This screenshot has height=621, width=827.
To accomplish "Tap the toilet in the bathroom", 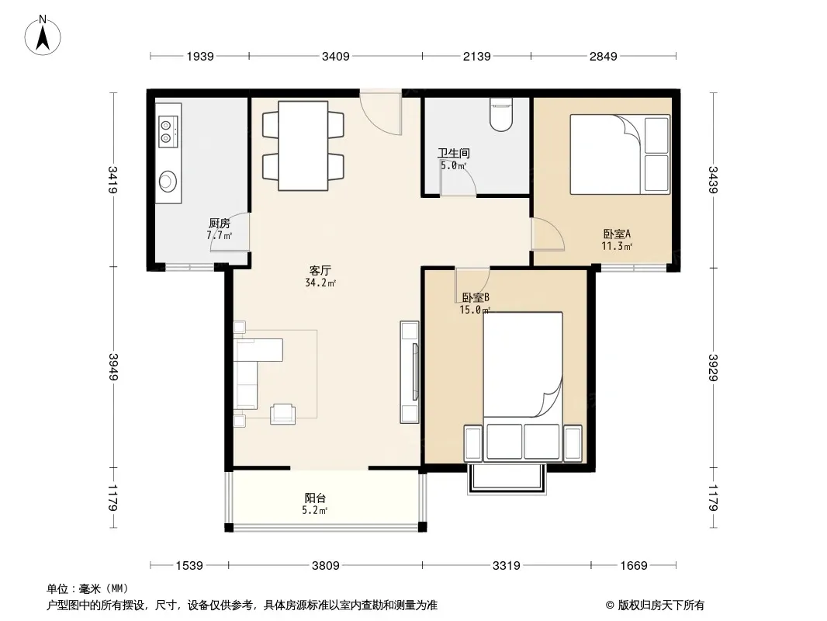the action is point(500,114).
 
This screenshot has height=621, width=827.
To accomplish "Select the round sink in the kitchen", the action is point(168,181).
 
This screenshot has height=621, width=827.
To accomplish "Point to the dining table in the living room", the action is point(303,146).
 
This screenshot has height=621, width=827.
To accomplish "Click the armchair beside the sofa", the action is point(282,414).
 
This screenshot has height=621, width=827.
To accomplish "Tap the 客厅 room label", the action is point(320,271).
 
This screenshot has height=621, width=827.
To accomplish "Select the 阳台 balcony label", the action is point(315,498).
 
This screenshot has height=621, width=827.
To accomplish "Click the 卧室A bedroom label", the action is point(617,234).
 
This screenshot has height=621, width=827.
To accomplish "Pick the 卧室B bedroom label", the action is point(476,297).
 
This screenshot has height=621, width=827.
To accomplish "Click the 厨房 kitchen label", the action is point(220,224).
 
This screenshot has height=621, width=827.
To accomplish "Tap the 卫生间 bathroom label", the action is point(454,153).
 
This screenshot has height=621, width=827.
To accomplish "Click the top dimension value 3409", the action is point(336,56).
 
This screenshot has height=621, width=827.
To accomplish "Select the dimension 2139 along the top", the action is point(477,56).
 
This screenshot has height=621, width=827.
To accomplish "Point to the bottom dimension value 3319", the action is point(507,566).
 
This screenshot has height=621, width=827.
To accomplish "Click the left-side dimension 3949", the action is point(112,366).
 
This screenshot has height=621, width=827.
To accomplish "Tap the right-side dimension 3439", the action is point(713,180).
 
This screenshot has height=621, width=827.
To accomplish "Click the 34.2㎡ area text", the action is point(320,283).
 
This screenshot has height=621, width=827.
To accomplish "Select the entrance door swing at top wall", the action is point(381,113).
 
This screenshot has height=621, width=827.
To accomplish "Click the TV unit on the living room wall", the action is point(410,372).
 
